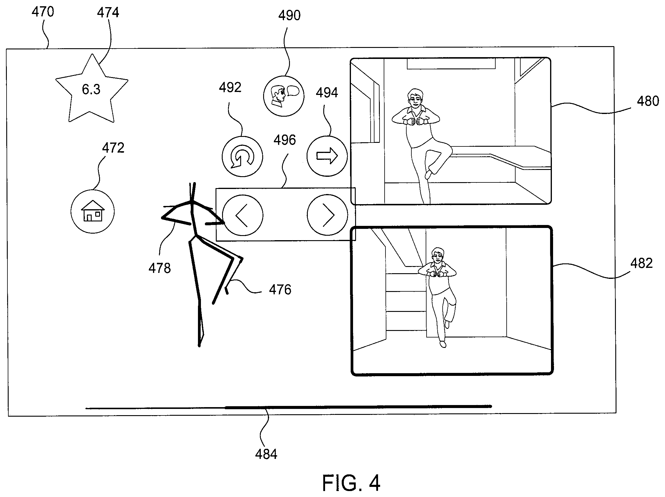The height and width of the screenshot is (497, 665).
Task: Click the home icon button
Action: pyautogui.click(x=93, y=212)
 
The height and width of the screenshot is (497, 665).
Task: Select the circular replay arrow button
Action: pyautogui.click(x=242, y=157)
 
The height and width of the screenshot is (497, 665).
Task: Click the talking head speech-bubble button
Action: pyautogui.click(x=284, y=96)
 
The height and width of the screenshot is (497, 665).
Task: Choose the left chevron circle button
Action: pyautogui.click(x=243, y=215)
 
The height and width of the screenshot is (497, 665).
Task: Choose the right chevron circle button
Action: pyautogui.click(x=327, y=215)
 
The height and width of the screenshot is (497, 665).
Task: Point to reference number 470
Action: pyautogui.click(x=43, y=12)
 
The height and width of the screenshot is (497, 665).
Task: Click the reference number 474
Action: pyautogui.click(x=108, y=12)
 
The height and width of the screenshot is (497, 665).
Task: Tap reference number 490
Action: pyautogui.click(x=289, y=15)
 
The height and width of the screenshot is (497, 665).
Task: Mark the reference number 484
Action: pyautogui.click(x=266, y=454)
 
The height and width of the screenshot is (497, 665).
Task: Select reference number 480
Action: pyautogui.click(x=648, y=101)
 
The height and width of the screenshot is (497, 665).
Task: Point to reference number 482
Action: pyautogui.click(x=641, y=263)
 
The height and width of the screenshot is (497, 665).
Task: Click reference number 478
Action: pyautogui.click(x=160, y=268)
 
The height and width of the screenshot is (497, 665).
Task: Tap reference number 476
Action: pyautogui.click(x=280, y=290)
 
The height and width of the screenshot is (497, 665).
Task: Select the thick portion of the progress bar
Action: pyautogui.click(x=358, y=407)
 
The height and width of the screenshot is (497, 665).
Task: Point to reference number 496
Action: pyautogui.click(x=285, y=140)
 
